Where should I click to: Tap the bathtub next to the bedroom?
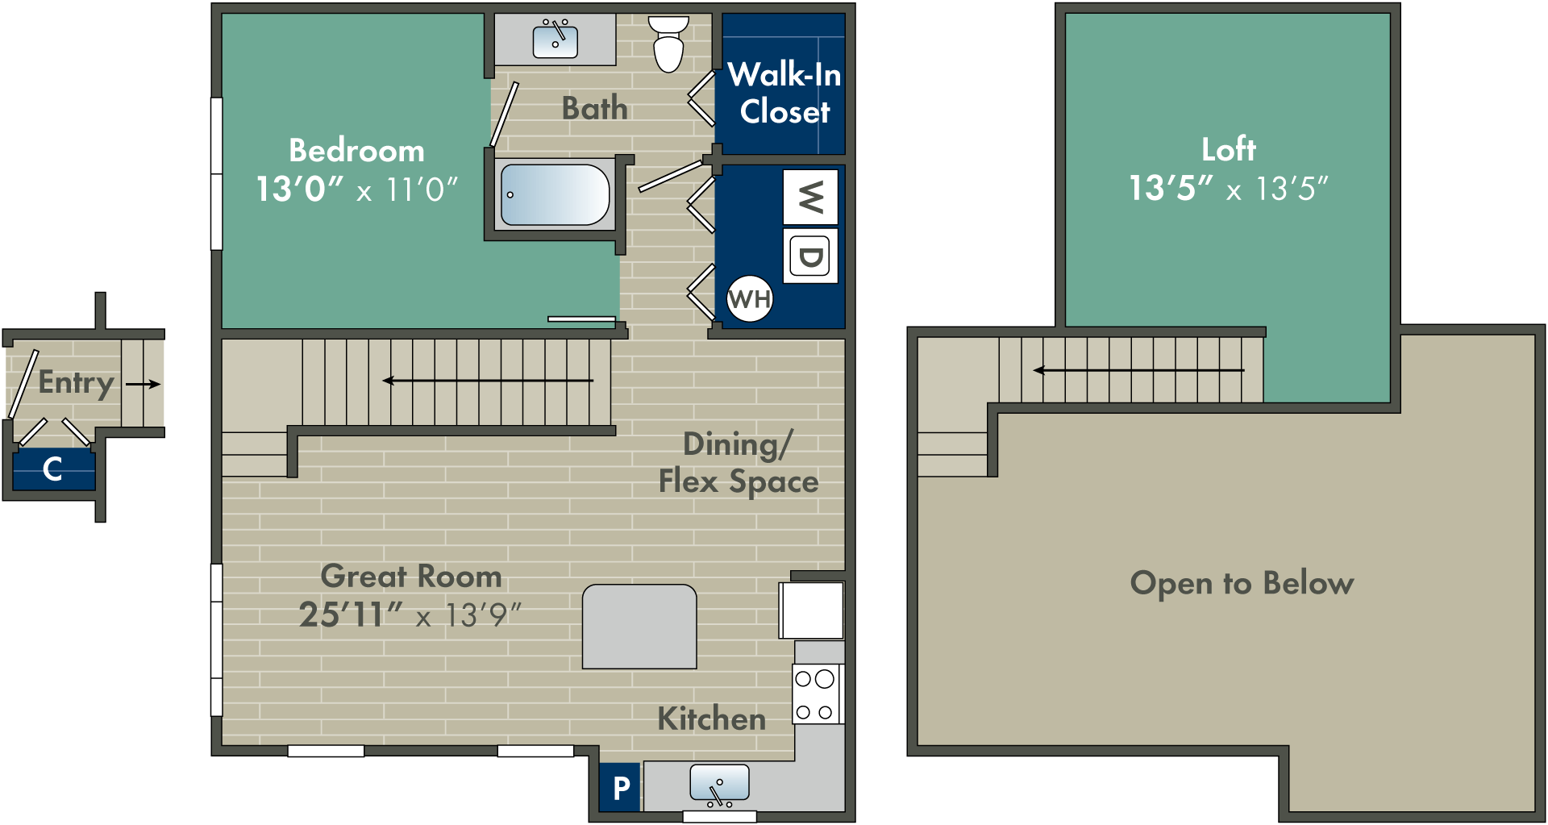pos(555,195)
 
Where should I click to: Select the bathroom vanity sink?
pos(556,40)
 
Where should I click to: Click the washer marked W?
pos(810,197)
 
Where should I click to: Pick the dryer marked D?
pos(810,256)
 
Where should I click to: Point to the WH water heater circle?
pos(750,299)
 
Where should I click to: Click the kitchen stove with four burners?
pos(818,694)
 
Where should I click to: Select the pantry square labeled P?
pos(620,787)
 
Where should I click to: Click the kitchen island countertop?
pos(639,627)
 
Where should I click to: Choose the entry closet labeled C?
pos(54,469)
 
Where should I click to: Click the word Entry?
pos(76,383)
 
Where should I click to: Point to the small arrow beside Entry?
pos(143,384)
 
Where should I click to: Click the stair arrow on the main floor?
pos(488,381)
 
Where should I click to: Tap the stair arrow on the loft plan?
pos(1138,370)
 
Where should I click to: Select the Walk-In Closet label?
pos(784,93)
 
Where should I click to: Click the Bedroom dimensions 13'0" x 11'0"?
pos(356,190)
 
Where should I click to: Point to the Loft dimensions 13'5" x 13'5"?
pos(1228,189)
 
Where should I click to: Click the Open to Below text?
pos(1242,582)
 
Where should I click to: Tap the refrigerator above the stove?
pos(811,610)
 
